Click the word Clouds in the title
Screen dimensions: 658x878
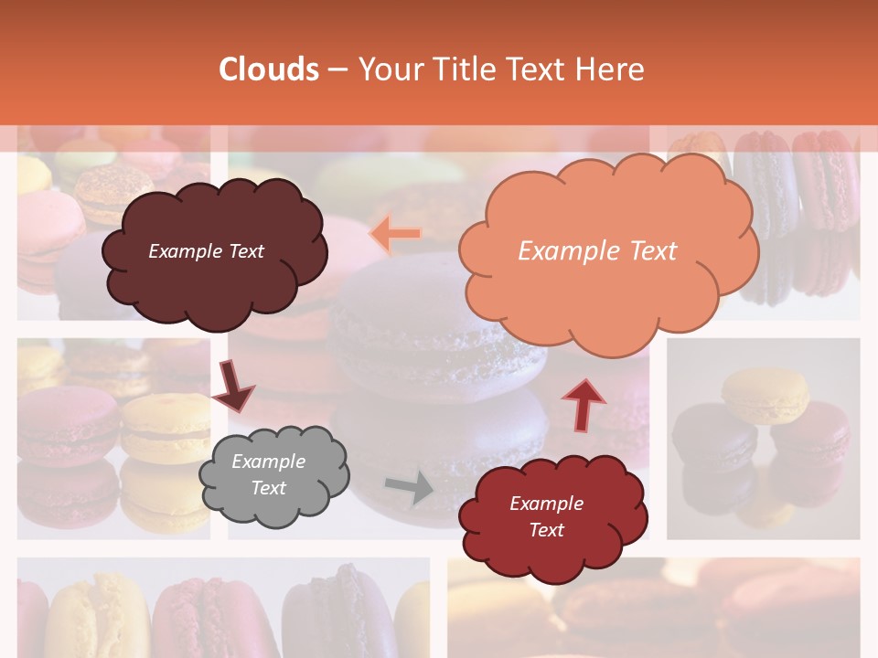269,69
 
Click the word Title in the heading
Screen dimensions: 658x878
465,69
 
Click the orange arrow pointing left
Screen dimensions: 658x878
395,234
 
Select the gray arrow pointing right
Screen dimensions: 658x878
411,487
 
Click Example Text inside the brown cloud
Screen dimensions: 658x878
206,251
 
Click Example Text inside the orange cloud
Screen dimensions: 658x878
597,251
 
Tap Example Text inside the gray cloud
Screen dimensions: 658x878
268,475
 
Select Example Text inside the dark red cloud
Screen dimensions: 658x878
546,516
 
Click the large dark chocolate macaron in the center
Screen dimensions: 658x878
430,329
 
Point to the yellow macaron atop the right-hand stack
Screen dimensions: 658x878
765,393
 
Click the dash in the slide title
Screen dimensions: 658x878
337,70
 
